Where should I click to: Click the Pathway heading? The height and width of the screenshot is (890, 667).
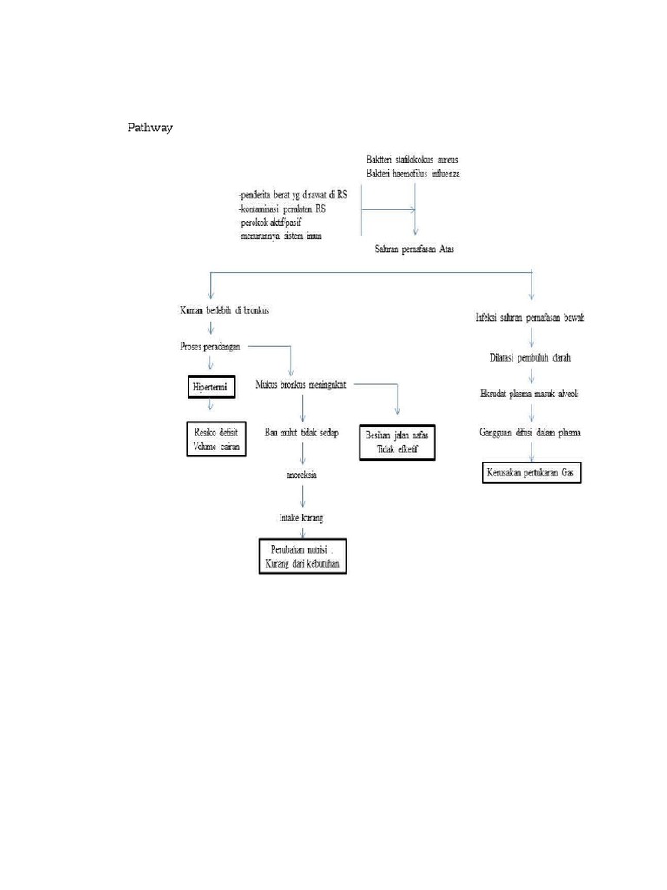(150, 129)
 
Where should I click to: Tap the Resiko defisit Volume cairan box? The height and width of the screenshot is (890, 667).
(216, 440)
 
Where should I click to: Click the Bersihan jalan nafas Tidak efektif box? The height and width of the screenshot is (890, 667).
(397, 442)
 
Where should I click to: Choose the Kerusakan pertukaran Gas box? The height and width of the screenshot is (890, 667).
(532, 474)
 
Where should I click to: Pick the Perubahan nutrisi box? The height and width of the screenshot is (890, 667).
(301, 557)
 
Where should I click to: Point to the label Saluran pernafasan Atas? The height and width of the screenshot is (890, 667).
(413, 249)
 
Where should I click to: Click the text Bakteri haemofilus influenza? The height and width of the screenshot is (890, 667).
(413, 174)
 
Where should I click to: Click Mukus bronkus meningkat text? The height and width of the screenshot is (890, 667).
(301, 384)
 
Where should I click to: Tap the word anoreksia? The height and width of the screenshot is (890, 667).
(301, 475)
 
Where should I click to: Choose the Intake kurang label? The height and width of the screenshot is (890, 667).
(301, 518)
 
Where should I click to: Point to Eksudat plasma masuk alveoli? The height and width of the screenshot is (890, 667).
(530, 394)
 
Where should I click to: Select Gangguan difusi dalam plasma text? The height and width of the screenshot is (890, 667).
(531, 432)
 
